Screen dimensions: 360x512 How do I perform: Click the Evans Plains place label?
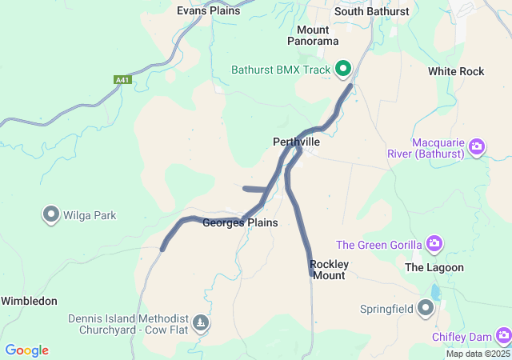pyautogui.click(x=208, y=10)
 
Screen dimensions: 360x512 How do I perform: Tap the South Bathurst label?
pyautogui.click(x=371, y=11)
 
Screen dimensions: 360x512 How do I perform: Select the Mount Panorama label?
pyautogui.click(x=313, y=35)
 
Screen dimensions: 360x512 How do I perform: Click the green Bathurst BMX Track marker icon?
pyautogui.click(x=344, y=70)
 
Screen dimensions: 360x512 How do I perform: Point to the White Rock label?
pyautogui.click(x=456, y=71)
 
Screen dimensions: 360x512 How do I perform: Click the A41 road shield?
pyautogui.click(x=122, y=80)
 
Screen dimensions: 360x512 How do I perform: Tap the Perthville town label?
pyautogui.click(x=296, y=142)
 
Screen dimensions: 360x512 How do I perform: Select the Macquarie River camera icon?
pyautogui.click(x=477, y=146)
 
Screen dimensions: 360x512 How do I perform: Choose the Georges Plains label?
pyautogui.click(x=240, y=222)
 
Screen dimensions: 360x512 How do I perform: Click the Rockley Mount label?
pyautogui.click(x=328, y=270)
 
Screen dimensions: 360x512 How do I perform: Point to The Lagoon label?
pyautogui.click(x=434, y=267)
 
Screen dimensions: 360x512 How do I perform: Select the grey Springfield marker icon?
pyautogui.click(x=426, y=307)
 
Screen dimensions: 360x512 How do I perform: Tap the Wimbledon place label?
pyautogui.click(x=29, y=301)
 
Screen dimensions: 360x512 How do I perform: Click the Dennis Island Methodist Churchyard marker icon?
pyautogui.click(x=202, y=323)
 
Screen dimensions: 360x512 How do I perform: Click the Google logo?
pyautogui.click(x=26, y=350)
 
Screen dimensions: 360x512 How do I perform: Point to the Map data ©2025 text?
pyautogui.click(x=477, y=354)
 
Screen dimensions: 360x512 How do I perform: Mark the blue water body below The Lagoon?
pyautogui.click(x=434, y=293)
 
